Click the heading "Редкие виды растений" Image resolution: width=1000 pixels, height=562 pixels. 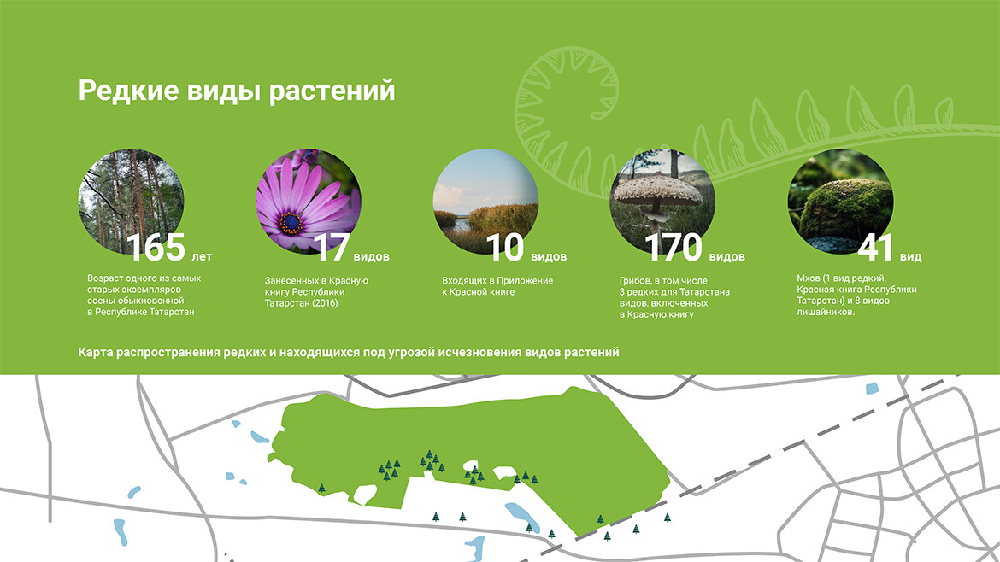point(237,91)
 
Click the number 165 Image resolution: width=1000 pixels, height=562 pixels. point(156,247)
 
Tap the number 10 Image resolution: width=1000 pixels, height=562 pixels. point(505,247)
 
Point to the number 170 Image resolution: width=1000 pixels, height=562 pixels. point(674,247)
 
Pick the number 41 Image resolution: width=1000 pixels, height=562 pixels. point(875,247)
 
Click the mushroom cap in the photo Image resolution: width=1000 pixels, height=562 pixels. point(657,190)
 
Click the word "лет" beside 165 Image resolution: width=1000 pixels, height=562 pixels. point(202,257)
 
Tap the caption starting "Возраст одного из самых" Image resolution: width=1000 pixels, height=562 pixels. point(144,295)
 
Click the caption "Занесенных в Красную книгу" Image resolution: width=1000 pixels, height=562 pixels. point(316,292)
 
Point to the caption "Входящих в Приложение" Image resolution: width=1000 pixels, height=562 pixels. point(497,286)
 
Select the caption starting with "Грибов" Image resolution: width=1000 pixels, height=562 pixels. point(674,297)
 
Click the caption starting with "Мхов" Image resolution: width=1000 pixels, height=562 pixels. point(856,295)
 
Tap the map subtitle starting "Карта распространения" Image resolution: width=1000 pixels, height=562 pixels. point(349,353)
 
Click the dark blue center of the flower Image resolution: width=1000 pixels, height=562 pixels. point(291,223)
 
